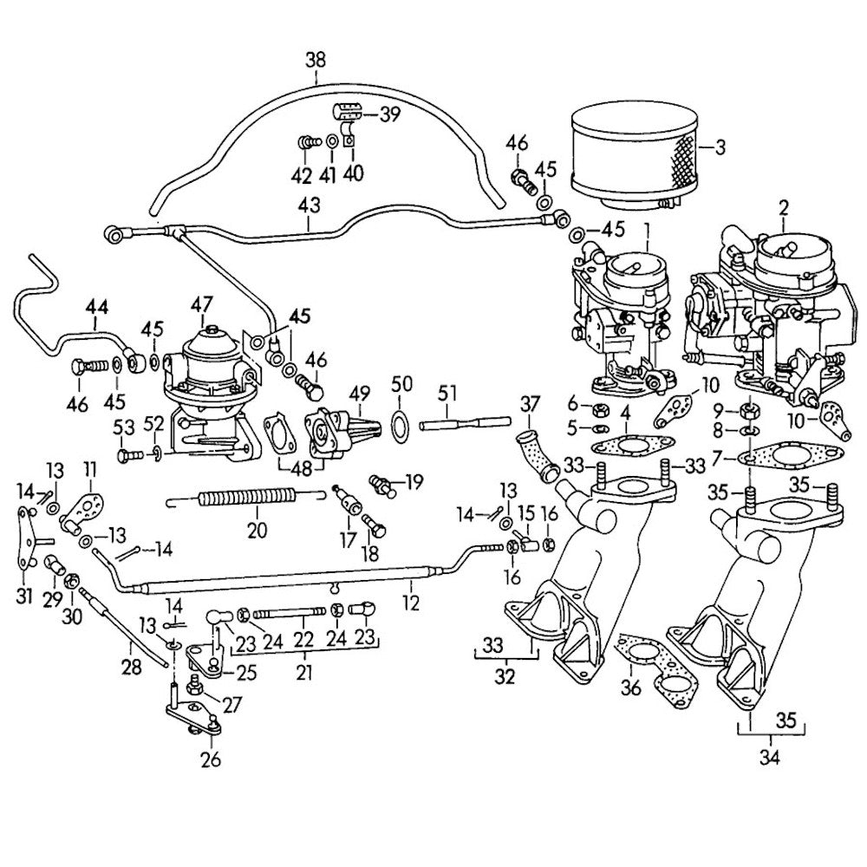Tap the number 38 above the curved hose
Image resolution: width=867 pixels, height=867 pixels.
point(316,61)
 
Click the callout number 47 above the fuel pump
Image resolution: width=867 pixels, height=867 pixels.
point(202,304)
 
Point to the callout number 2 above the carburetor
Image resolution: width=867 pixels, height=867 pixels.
point(783,207)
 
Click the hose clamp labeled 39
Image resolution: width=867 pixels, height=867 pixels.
point(346,114)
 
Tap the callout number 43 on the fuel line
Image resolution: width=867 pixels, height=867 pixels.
point(309,205)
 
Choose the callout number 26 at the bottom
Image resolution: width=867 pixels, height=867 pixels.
point(210,760)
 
